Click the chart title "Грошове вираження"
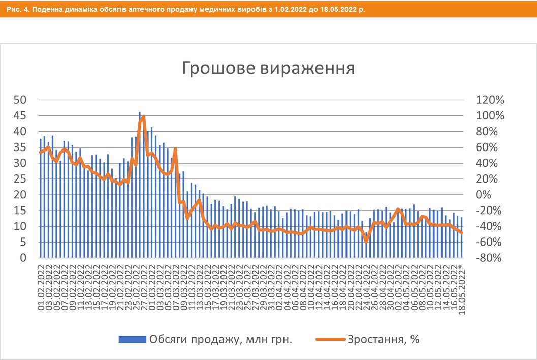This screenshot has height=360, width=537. (268, 68)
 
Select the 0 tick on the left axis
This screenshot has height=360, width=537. (23, 258)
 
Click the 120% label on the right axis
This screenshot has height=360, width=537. (488, 100)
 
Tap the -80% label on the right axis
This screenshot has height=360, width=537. (488, 258)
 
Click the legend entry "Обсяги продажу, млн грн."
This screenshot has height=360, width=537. (220, 339)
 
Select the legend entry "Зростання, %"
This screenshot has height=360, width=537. (383, 339)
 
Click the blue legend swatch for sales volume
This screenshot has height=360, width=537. (132, 339)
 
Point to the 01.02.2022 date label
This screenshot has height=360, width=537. (41, 282)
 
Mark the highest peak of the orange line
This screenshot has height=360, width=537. (143, 117)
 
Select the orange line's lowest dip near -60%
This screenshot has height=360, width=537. (366, 242)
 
